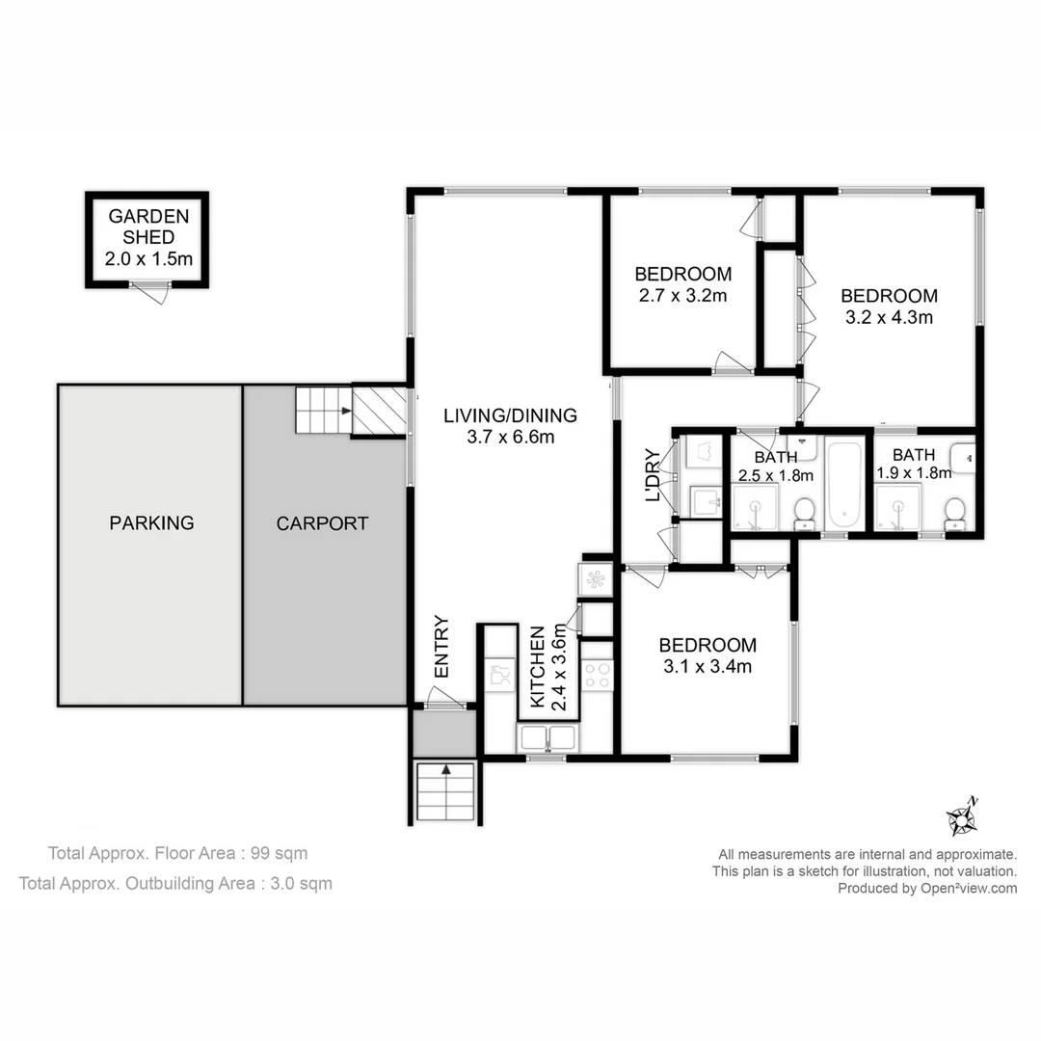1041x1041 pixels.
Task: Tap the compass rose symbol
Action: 962,818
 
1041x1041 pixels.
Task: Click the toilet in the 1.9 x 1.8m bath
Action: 954,512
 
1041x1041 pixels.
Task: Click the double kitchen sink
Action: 547,737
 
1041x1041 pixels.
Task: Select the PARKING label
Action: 151,523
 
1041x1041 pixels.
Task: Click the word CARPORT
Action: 322,523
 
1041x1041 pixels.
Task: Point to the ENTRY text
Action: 441,646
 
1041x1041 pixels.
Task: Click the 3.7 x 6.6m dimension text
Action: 510,437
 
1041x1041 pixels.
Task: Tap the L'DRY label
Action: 653,475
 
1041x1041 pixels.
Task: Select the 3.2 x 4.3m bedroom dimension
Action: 888,316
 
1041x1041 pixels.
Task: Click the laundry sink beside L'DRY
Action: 706,500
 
